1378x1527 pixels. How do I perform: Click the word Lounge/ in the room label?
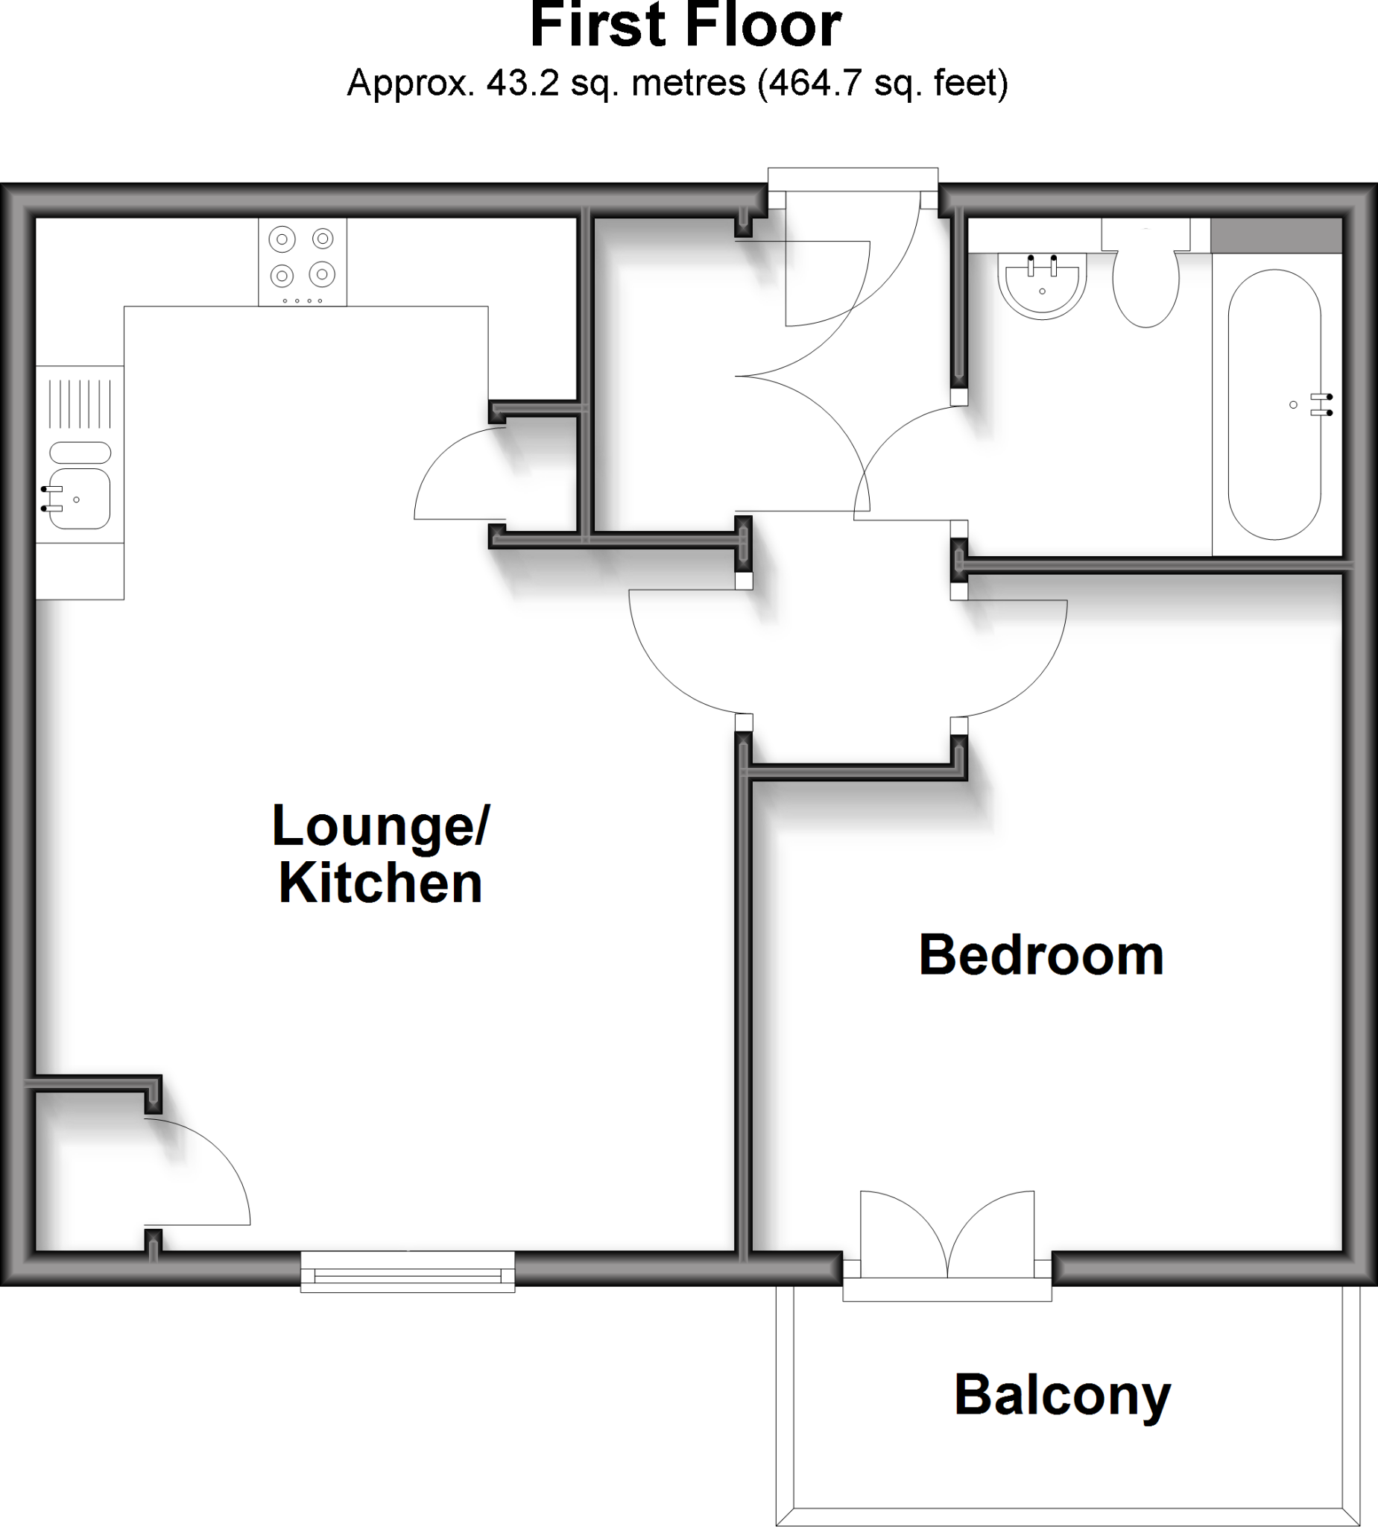(x=381, y=827)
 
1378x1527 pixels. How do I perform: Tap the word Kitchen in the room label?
(x=381, y=884)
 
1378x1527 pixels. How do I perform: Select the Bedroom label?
(x=1041, y=956)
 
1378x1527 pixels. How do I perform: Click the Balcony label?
(x=1062, y=1396)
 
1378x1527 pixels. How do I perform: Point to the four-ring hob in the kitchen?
(x=303, y=261)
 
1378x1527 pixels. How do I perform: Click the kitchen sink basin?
(x=80, y=498)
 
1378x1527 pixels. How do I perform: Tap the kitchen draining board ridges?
(x=80, y=403)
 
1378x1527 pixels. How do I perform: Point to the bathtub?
(x=1274, y=405)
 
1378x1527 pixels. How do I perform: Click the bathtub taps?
(x=1324, y=404)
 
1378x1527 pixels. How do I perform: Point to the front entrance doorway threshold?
(x=853, y=180)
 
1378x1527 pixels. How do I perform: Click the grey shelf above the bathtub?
(x=1277, y=236)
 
